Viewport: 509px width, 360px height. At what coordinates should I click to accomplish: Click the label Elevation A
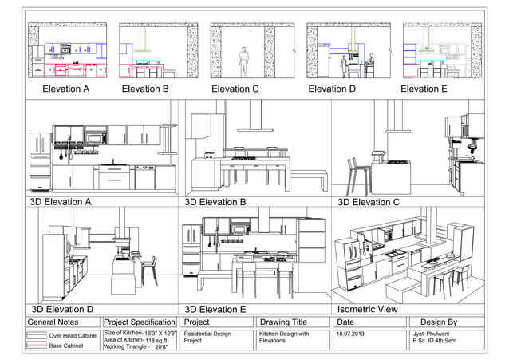point(65,89)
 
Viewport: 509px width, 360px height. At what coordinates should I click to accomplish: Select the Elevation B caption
point(145,89)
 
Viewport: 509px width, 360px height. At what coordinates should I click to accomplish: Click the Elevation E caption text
point(424,89)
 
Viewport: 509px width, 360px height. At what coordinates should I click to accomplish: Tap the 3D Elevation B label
point(215,202)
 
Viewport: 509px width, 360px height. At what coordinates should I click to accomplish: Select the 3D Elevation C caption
point(369,202)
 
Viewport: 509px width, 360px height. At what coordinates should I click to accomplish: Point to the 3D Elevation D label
point(62,308)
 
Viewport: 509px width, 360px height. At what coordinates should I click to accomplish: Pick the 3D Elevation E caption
point(215,308)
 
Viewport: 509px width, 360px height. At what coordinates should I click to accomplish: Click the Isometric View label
point(368,308)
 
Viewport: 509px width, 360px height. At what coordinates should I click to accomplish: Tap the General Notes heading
point(53,322)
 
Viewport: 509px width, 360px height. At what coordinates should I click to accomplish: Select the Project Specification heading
point(140,322)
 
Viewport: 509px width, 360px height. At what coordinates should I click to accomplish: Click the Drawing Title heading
point(283,322)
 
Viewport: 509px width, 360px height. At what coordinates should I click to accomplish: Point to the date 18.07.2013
point(352,333)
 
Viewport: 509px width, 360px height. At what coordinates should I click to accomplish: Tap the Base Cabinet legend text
point(69,346)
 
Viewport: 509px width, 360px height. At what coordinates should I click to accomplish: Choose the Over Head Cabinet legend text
point(73,336)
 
